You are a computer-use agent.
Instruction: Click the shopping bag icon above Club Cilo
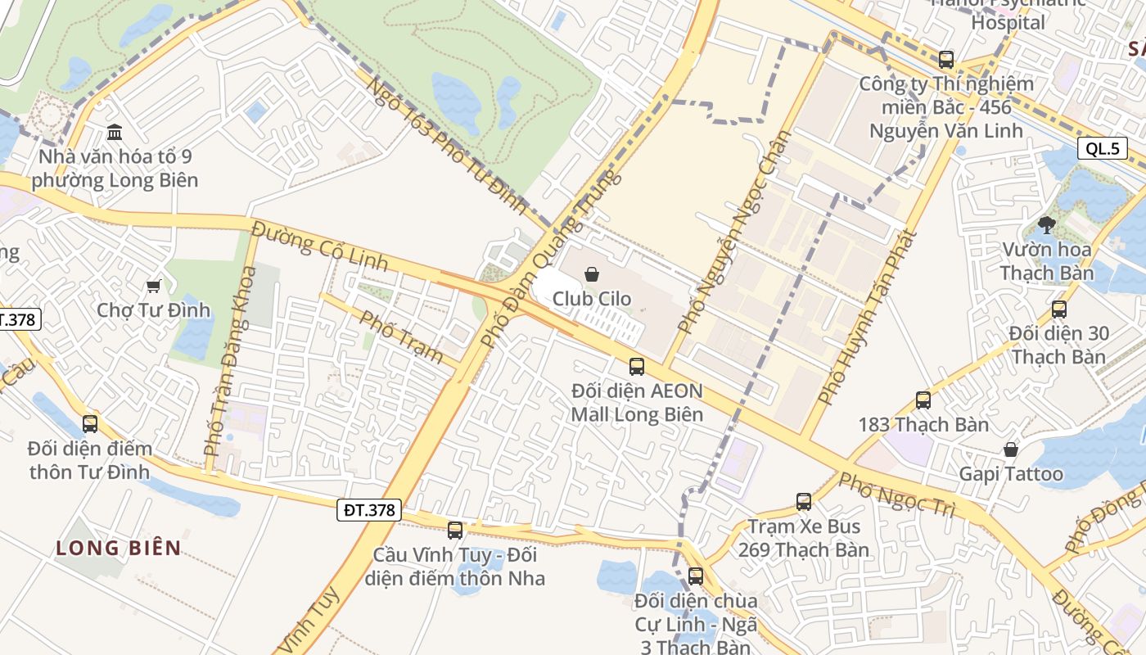[x=592, y=274]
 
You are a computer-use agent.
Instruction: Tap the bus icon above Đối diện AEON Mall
[x=636, y=367]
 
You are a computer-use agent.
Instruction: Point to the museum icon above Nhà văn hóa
[x=115, y=132]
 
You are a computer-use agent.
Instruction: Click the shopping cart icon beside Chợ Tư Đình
[x=153, y=286]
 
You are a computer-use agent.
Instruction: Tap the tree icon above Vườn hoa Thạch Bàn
[x=1046, y=224]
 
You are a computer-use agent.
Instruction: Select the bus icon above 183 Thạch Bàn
[x=923, y=400]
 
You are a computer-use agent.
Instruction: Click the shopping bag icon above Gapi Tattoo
[x=1011, y=449]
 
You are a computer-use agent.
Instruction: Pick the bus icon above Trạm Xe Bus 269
[x=804, y=502]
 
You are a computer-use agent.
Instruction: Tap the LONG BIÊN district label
[x=119, y=548]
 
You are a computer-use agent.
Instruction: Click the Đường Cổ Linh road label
[x=320, y=243]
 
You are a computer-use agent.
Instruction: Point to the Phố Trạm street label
[x=402, y=337]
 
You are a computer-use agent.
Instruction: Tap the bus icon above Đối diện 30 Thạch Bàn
[x=1058, y=309]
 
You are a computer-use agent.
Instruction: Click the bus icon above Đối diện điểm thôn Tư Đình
[x=90, y=424]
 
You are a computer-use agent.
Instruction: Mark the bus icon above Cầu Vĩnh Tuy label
[x=455, y=531]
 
